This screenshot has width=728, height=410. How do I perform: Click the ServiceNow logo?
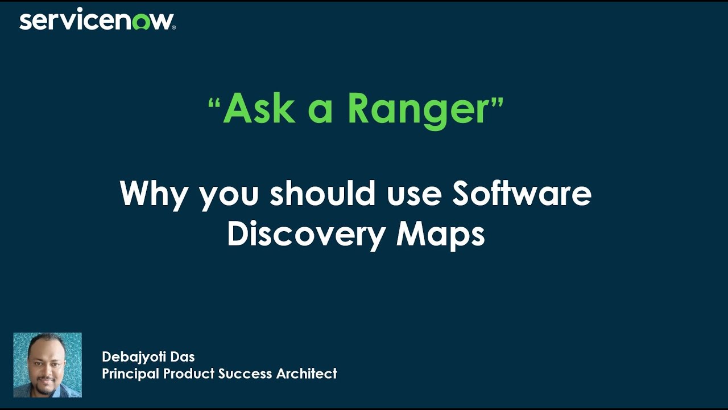click(x=97, y=21)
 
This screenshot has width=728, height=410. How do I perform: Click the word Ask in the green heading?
click(x=259, y=108)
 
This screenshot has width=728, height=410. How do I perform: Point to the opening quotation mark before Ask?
click(x=214, y=104)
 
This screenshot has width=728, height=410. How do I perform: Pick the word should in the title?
click(x=322, y=193)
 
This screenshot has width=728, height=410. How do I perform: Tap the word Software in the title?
click(x=522, y=193)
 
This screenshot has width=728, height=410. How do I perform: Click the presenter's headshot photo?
click(x=48, y=364)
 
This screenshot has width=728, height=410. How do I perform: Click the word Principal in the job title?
click(x=131, y=374)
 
